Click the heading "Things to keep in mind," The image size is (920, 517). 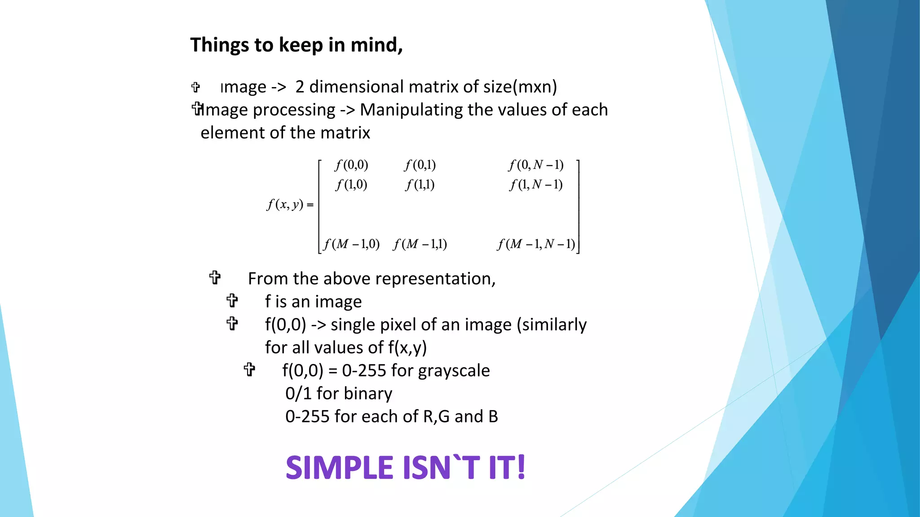(x=296, y=45)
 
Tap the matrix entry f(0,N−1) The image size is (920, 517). (x=536, y=165)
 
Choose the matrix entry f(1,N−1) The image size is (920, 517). (x=536, y=184)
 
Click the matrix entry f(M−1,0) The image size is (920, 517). (x=352, y=244)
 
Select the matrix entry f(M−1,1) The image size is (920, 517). (x=420, y=244)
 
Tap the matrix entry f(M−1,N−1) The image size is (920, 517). (x=536, y=244)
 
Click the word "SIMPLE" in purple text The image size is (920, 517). (x=340, y=468)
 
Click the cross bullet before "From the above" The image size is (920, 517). (x=215, y=278)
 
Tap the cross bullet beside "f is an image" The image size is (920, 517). (x=232, y=301)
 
